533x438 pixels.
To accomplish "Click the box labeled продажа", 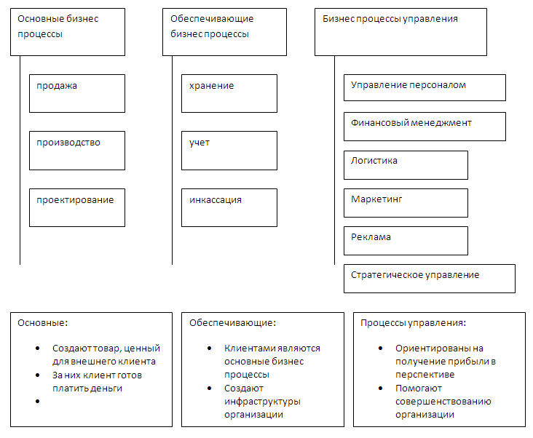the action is point(77,93).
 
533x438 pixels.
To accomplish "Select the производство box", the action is point(77,151).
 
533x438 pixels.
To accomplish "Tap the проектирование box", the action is point(77,207).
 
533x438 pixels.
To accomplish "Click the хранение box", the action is point(229,93).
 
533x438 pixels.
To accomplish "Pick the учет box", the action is point(229,151).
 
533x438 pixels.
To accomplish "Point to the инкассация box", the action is point(229,207).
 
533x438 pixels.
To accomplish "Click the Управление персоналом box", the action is point(425,87).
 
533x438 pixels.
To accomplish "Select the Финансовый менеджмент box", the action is point(425,127).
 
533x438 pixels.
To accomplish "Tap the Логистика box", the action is point(406,165).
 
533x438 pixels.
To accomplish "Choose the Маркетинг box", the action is point(406,203).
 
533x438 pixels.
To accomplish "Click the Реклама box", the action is point(406,241).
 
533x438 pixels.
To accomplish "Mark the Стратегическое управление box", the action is point(430,279).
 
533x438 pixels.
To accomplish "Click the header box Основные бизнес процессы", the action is point(68,32).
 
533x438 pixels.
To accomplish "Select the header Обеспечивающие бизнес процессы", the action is point(224,32).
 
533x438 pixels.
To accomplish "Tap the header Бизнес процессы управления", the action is point(400,32).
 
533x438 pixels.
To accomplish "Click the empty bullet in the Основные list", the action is point(37,402).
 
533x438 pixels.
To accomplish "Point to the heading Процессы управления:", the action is point(413,322).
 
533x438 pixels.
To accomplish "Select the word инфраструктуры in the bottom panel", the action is point(262,402).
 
